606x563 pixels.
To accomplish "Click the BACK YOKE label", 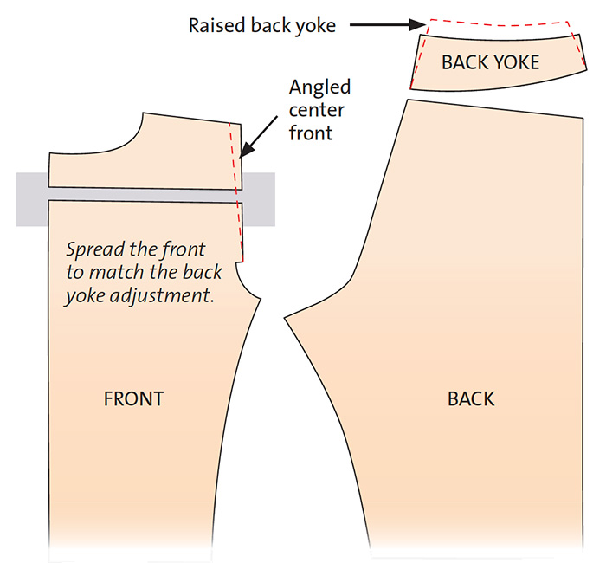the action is pos(490,62).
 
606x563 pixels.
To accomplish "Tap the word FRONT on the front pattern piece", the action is pos(133,398).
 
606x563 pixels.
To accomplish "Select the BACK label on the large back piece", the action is pos(471,398).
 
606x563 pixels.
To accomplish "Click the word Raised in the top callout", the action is pos(217,25).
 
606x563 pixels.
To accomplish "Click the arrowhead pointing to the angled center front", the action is pos(246,151).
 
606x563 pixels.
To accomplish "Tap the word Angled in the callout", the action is pos(320,87).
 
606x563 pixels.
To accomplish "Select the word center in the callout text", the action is pos(317,111).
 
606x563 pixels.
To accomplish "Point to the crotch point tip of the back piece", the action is pos(285,318).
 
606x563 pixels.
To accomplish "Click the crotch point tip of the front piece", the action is pos(261,299).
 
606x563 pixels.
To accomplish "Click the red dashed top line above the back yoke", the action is pos(499,23).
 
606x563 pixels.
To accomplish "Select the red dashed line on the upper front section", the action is pos(233,157).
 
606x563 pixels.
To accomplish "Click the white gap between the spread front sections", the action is pos(145,195).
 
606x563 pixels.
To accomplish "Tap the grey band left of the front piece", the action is pos(32,199).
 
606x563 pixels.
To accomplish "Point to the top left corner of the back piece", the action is pos(408,100).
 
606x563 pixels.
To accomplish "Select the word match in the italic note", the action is pos(118,272).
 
